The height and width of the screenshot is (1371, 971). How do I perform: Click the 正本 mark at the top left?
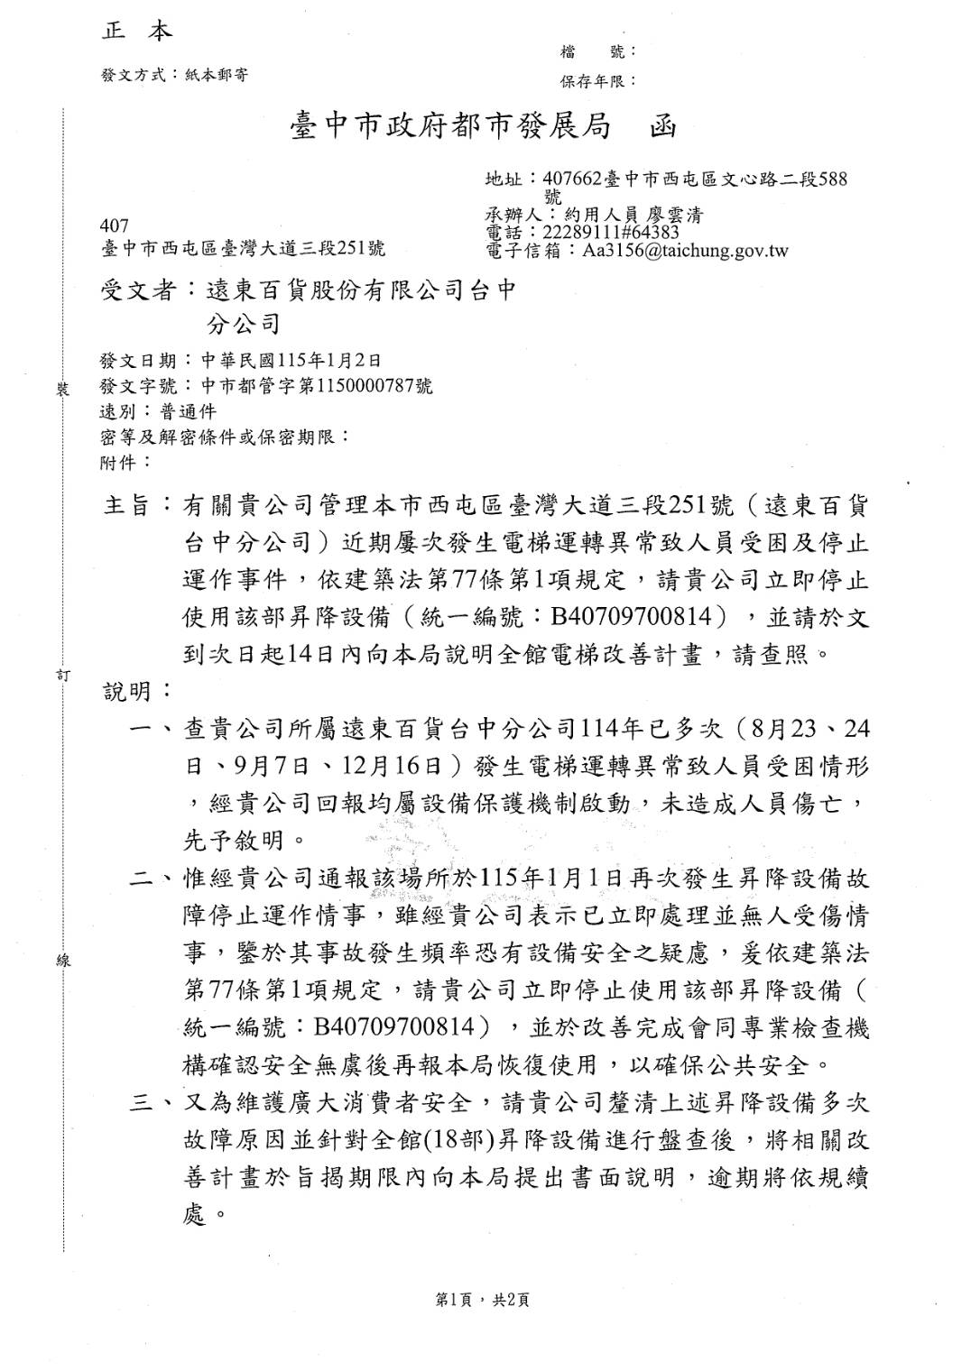click(x=136, y=32)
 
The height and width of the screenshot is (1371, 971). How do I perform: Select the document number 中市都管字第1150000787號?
click(x=316, y=386)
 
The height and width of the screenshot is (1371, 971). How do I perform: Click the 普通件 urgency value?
click(x=188, y=411)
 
